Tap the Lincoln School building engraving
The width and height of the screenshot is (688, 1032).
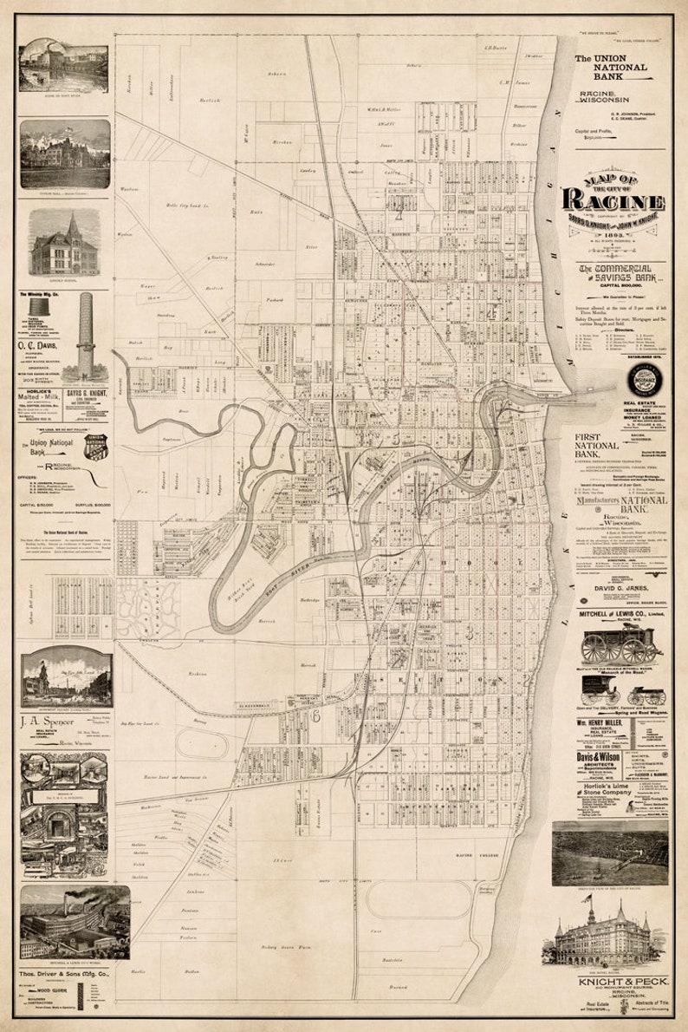65,246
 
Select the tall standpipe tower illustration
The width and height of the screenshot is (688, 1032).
86,335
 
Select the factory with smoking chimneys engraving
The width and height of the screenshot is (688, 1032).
65,921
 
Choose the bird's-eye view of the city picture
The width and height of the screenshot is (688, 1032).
609,852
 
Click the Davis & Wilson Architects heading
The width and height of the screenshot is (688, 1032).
597,756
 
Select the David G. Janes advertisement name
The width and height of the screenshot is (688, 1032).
620,590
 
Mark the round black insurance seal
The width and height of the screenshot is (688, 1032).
646,380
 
